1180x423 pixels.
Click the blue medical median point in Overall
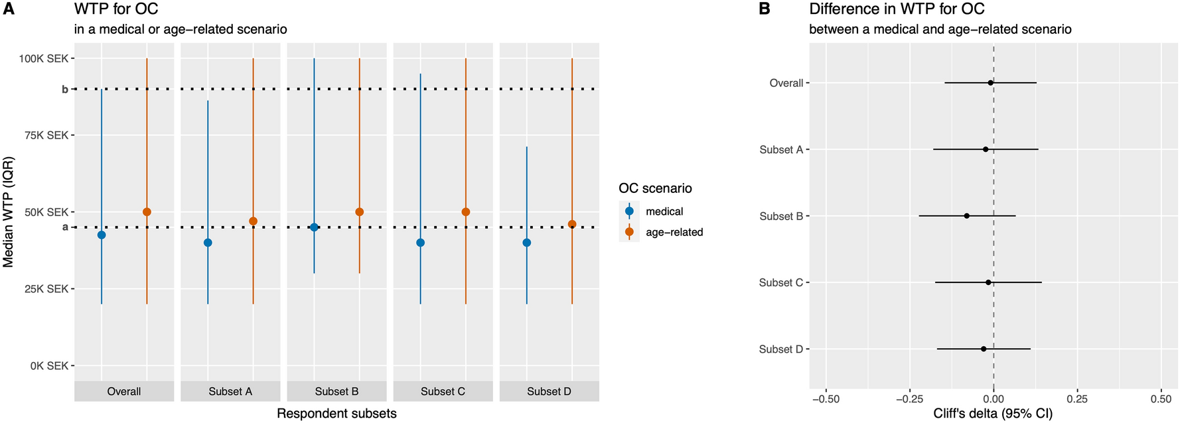tap(102, 235)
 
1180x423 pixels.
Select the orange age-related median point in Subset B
tap(359, 212)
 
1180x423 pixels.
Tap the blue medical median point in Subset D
tap(526, 243)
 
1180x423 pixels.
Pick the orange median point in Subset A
tap(253, 221)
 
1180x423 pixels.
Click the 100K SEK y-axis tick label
tap(44, 58)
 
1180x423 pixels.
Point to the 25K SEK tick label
tap(46, 289)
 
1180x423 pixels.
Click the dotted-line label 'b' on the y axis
tap(65, 89)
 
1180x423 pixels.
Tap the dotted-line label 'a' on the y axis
tap(65, 227)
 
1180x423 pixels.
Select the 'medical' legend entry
tap(664, 211)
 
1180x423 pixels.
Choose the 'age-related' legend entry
tap(674, 232)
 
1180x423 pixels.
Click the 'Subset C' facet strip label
tap(443, 391)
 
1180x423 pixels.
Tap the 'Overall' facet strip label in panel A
tap(124, 391)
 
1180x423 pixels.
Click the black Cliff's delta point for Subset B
tap(966, 216)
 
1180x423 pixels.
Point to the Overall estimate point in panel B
tap(990, 83)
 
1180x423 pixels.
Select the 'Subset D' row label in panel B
tap(780, 349)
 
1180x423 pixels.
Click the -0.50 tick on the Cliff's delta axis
tap(826, 399)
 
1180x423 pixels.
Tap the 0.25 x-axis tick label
tap(1077, 399)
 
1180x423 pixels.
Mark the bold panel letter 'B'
tap(764, 9)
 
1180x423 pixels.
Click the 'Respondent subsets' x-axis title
tap(336, 414)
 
